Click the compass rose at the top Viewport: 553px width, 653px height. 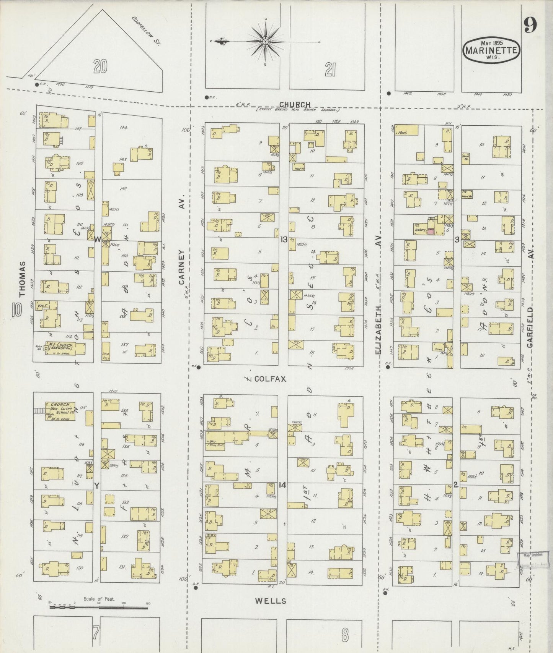pos(266,41)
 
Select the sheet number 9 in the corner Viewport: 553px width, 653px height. pos(530,25)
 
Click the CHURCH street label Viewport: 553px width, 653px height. pos(295,104)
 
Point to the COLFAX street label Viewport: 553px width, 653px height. pos(270,379)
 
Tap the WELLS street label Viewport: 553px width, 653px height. pos(271,601)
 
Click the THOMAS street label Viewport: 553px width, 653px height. pos(22,279)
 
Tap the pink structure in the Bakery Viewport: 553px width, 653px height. pos(431,231)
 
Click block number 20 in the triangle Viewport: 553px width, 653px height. pos(100,66)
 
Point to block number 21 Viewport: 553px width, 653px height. pos(330,70)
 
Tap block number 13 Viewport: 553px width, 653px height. pos(284,240)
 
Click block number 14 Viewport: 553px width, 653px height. pos(282,485)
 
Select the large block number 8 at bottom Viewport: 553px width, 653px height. pos(345,635)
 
